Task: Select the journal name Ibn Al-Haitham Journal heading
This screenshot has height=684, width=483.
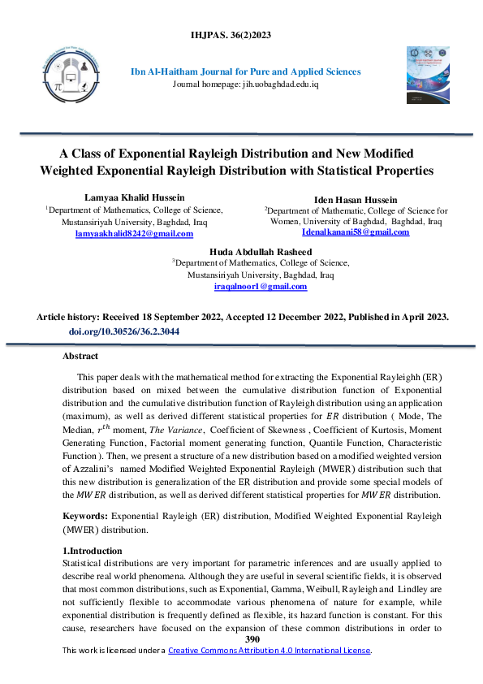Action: (246, 71)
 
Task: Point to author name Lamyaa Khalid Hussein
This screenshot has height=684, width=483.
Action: (134, 197)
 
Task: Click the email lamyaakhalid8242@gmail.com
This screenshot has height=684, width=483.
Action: (134, 233)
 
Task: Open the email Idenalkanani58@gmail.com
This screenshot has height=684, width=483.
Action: (356, 232)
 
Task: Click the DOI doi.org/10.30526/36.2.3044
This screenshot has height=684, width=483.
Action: (124, 332)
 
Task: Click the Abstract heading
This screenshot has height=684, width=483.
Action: (80, 357)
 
